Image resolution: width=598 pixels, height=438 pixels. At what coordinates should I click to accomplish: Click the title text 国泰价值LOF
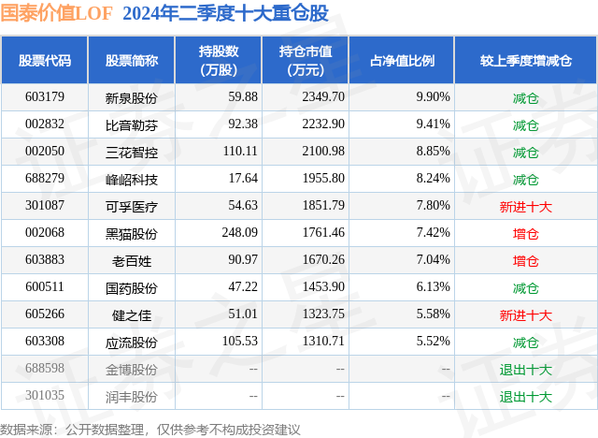coord(58,14)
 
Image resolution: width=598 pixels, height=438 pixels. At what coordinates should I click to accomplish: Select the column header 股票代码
coord(44,61)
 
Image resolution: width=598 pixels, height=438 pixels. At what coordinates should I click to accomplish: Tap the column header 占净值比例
coord(408,61)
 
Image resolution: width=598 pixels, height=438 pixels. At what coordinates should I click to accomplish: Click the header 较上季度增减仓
coord(525,61)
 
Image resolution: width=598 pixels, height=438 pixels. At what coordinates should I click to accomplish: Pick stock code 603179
coord(44,96)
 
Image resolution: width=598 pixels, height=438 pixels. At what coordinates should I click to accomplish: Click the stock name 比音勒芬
coord(131,124)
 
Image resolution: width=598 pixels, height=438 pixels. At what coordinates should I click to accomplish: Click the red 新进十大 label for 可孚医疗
coord(525,206)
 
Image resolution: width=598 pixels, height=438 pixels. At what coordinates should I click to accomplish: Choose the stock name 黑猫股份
coord(131,233)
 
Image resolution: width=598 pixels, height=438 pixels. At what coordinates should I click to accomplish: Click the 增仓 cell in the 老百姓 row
coord(525,260)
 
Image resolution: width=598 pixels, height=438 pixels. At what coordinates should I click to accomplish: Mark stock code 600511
coord(44,287)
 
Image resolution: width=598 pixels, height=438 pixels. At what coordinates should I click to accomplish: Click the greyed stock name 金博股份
coord(131,369)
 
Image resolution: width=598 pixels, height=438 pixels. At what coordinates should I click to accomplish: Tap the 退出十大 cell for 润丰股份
coord(525,396)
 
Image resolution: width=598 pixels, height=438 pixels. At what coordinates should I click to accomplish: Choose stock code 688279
coord(44,178)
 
